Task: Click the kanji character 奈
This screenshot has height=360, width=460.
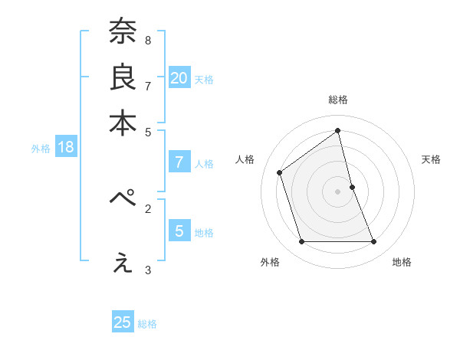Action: click(122, 31)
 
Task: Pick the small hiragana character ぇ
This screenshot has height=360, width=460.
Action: click(123, 263)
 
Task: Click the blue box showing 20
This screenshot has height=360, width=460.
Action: click(179, 78)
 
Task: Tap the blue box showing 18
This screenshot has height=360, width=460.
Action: click(66, 148)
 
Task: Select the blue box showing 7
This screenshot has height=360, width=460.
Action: click(179, 162)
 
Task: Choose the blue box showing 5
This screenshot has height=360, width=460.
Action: click(179, 231)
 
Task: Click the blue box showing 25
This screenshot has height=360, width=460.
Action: click(123, 322)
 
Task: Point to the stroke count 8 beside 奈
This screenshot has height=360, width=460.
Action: click(147, 40)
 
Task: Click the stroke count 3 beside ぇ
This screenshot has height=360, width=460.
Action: click(147, 270)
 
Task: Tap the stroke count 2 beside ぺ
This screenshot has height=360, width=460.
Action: click(147, 208)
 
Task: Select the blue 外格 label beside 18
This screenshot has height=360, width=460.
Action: click(41, 149)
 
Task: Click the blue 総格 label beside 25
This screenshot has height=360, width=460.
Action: click(147, 324)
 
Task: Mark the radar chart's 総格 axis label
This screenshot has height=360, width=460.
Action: click(338, 100)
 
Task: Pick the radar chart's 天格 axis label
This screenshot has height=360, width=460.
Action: click(432, 159)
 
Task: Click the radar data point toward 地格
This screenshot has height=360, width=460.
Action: click(374, 242)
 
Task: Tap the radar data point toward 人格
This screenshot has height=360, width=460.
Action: click(280, 172)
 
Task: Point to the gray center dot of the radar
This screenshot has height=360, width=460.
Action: click(338, 191)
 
